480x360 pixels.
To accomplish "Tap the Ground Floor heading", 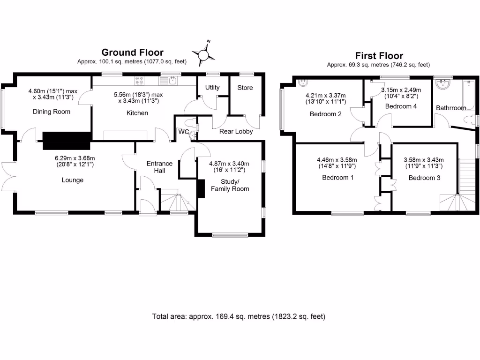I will [x=133, y=52].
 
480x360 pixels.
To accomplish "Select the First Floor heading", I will [x=379, y=55].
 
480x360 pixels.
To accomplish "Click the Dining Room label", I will [x=52, y=112].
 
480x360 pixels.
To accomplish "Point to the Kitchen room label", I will [x=137, y=113].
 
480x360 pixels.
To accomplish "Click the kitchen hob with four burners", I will [x=140, y=81].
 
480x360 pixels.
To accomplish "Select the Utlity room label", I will [x=212, y=88].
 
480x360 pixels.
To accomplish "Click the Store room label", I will [x=245, y=88].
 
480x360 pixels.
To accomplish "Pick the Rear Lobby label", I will [x=237, y=131].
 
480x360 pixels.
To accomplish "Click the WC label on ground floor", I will [x=183, y=132].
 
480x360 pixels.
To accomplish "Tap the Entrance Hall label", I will [x=159, y=167].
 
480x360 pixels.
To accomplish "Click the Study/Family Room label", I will [x=230, y=185].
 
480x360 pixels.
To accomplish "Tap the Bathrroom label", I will [x=451, y=108].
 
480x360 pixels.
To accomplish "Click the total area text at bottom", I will [x=239, y=316].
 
